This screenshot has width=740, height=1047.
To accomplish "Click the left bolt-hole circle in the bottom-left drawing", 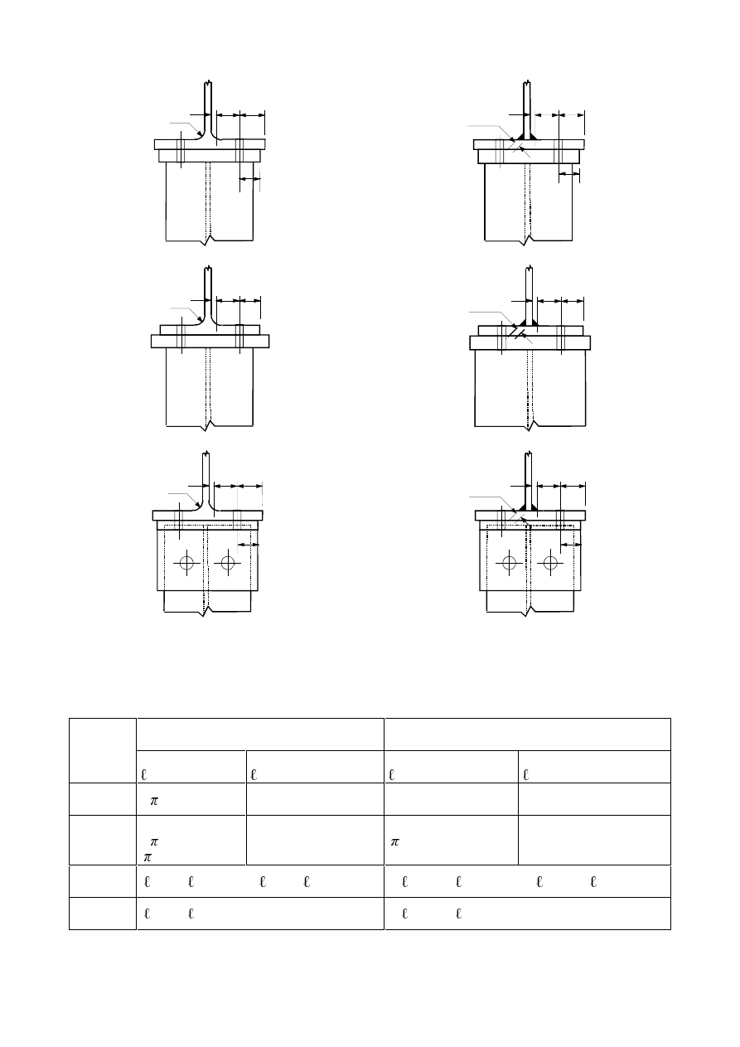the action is click(x=186, y=563).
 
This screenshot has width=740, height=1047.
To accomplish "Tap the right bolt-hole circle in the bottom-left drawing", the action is click(x=228, y=563).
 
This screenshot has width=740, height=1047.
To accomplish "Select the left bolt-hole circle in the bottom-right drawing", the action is click(x=510, y=563).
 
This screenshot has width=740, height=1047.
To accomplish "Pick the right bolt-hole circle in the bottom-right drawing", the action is click(x=550, y=563).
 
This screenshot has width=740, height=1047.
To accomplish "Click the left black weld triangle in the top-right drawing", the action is click(x=520, y=137).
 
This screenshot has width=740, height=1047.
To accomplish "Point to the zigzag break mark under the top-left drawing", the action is click(x=208, y=240).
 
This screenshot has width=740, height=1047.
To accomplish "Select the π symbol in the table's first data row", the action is click(x=153, y=801).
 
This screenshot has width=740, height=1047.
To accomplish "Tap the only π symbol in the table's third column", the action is click(x=394, y=841).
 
